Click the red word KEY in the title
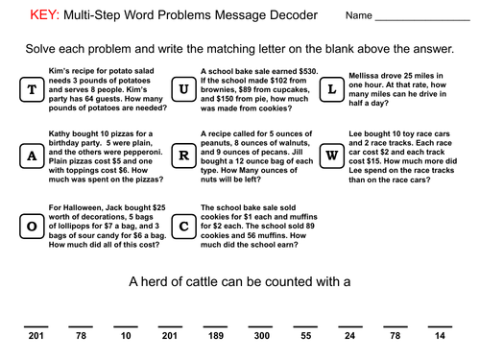coord(45,16)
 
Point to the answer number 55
coord(305,336)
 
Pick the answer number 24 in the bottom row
coord(349,336)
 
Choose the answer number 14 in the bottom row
coord(439,336)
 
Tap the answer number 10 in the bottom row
coord(126,336)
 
